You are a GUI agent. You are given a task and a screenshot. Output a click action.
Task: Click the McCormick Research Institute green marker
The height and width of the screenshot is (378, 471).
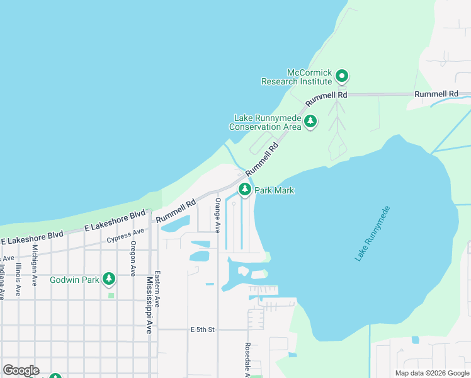coord(342,77)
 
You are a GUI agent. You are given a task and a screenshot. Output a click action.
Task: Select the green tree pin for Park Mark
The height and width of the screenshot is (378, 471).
coord(245,189)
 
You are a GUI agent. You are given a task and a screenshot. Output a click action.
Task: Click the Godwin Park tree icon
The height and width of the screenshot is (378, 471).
coord(109,278)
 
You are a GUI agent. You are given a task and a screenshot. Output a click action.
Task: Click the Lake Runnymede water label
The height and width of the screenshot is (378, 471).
coord(373,234)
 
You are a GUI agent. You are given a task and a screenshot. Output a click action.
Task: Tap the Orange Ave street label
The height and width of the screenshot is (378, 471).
coord(218,215)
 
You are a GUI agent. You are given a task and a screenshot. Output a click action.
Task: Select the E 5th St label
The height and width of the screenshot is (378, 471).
coord(203,329)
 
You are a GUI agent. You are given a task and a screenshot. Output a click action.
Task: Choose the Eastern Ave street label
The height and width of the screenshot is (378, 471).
coord(157,289)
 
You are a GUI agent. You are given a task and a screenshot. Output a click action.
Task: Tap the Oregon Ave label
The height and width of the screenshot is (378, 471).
coord(133,258)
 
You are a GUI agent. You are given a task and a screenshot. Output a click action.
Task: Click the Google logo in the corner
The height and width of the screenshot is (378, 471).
coord(21,370)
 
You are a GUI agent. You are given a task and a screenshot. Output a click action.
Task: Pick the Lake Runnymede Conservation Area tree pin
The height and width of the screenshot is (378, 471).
coord(310,121)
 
